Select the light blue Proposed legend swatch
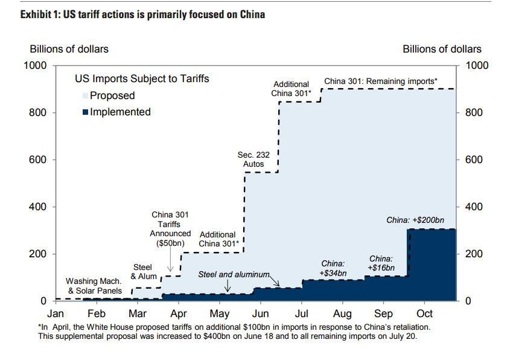click(86, 95)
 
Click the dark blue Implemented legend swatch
click(86, 112)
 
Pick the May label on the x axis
click(220, 313)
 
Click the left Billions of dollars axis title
click(69, 49)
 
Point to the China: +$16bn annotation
click(381, 263)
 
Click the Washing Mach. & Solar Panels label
click(94, 286)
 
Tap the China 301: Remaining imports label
click(380, 81)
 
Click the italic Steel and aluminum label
click(234, 274)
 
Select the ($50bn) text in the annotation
click(171, 243)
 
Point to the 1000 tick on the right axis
click(474, 65)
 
